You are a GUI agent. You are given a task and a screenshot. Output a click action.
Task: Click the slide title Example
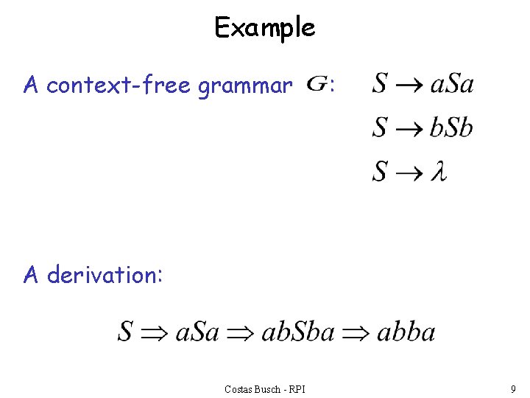pyautogui.click(x=264, y=28)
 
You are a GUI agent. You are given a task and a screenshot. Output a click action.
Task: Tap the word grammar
pyautogui.click(x=246, y=86)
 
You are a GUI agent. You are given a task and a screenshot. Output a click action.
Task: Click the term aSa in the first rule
pyautogui.click(x=451, y=83)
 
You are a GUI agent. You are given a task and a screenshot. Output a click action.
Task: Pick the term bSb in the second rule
pyautogui.click(x=451, y=128)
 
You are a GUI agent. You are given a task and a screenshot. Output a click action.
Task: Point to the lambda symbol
pyautogui.click(x=439, y=172)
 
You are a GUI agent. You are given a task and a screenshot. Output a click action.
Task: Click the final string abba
pyautogui.click(x=406, y=332)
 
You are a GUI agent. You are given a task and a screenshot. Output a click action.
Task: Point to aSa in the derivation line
pyautogui.click(x=197, y=332)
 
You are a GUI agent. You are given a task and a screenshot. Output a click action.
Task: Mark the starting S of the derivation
pyautogui.click(x=125, y=332)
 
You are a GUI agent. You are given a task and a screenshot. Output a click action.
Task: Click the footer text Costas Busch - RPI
pyautogui.click(x=264, y=388)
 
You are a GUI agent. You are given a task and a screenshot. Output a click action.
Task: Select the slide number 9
pyautogui.click(x=512, y=388)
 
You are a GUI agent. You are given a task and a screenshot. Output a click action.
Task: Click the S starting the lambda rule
pyautogui.click(x=381, y=172)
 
